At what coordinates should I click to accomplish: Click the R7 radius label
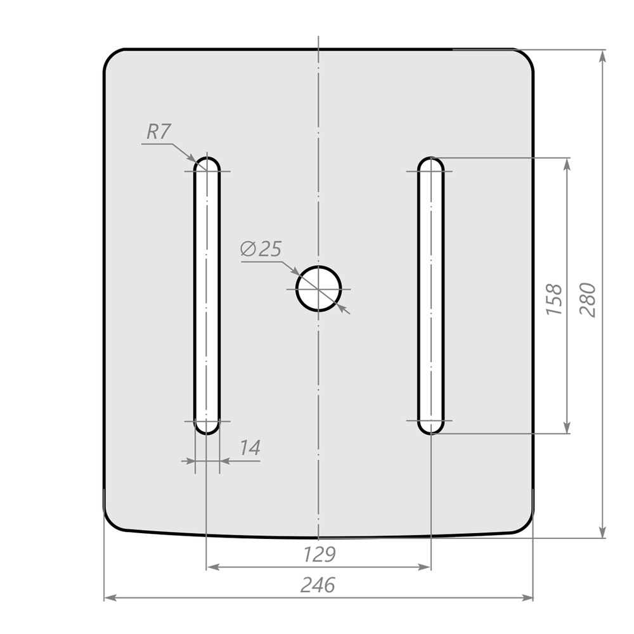click(x=158, y=131)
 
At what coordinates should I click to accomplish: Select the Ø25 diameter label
click(x=261, y=249)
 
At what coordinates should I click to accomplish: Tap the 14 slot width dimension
click(x=250, y=448)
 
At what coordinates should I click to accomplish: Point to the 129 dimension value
click(x=319, y=554)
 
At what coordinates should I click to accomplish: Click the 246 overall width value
click(x=318, y=585)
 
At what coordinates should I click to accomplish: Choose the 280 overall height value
click(x=588, y=300)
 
